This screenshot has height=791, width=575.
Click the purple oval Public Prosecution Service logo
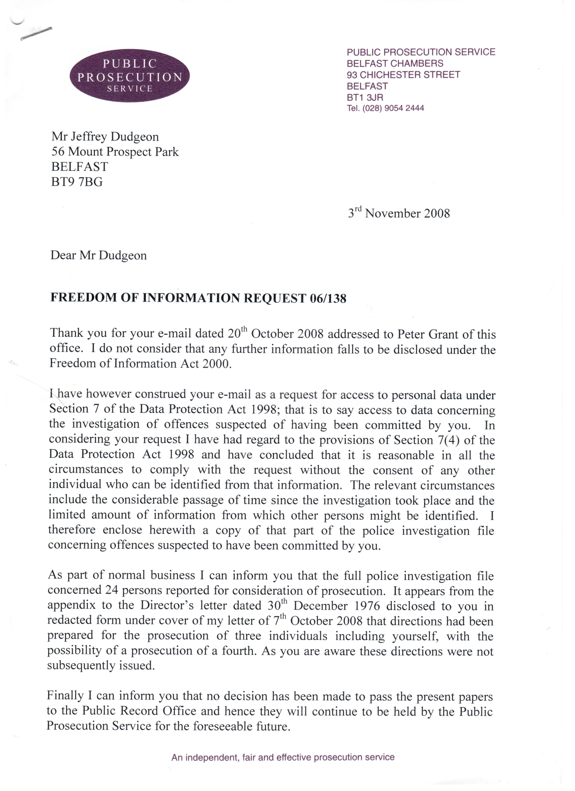tap(130, 75)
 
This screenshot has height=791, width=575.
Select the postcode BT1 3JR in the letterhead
tap(365, 97)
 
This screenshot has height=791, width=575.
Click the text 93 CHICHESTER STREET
tap(403, 75)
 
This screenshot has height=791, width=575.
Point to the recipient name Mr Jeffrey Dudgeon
tap(105, 137)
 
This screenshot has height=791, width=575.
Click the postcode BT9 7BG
tap(77, 182)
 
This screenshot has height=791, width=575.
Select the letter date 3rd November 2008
tap(398, 213)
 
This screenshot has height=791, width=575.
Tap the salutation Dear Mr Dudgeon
tap(98, 255)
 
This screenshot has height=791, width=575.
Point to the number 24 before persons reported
tap(112, 590)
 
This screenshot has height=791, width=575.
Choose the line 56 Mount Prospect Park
tap(115, 152)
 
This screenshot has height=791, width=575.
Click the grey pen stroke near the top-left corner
tap(36, 33)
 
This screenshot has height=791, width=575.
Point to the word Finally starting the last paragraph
tap(65, 696)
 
